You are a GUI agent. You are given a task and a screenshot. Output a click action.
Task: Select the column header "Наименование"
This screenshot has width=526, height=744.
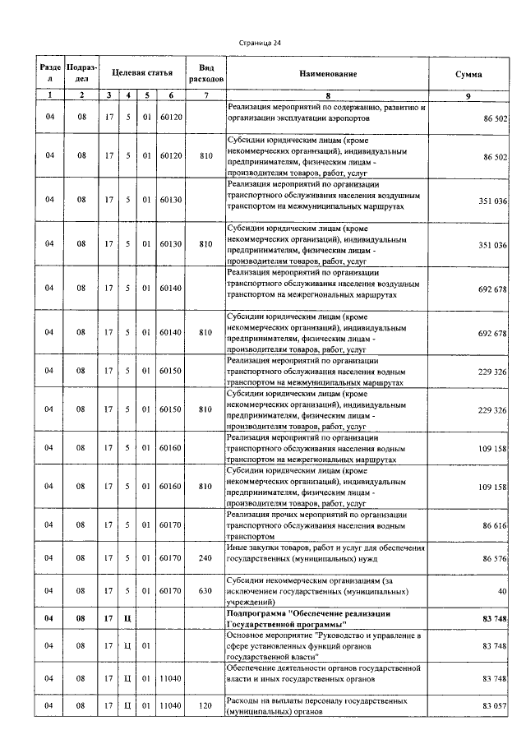[x=328, y=74]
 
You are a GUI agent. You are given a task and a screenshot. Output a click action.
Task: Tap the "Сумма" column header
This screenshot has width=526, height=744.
[x=468, y=74]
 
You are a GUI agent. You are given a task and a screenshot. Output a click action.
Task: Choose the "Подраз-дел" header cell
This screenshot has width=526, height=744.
[x=81, y=74]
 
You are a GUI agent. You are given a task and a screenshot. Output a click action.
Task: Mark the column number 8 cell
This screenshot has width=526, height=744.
[x=328, y=96]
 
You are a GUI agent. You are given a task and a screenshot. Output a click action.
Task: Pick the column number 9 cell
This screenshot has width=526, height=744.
[x=468, y=96]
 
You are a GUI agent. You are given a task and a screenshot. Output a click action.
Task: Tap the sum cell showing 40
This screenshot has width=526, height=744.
[x=501, y=591]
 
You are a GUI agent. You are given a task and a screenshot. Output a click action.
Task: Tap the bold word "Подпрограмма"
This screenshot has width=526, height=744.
[x=254, y=614]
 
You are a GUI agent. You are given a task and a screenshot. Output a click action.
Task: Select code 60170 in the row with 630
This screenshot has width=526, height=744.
[x=170, y=590]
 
